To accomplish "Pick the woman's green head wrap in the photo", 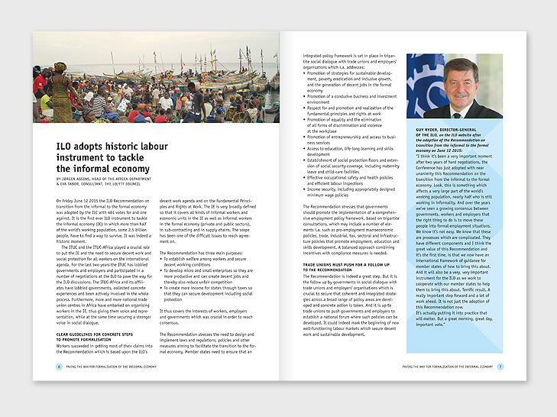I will pos(60,66).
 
